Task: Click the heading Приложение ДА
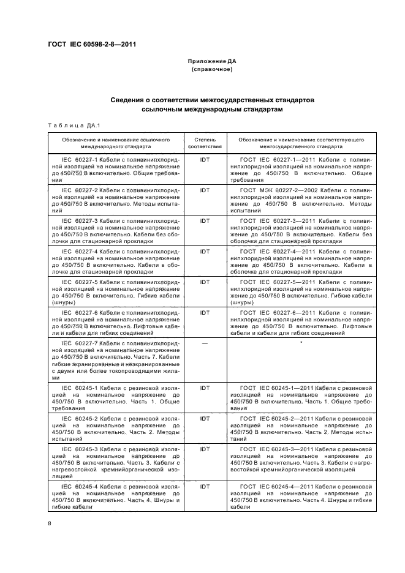pyautogui.click(x=211, y=62)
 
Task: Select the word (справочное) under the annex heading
pyautogui.click(x=211, y=70)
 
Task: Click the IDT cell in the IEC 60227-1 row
pyautogui.click(x=205, y=160)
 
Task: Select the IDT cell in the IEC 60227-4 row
pyautogui.click(x=205, y=251)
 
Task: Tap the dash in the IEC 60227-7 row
pyautogui.click(x=205, y=343)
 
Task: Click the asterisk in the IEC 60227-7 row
pyautogui.click(x=301, y=343)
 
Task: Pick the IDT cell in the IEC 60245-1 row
pyautogui.click(x=205, y=388)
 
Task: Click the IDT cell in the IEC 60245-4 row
pyautogui.click(x=205, y=486)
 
